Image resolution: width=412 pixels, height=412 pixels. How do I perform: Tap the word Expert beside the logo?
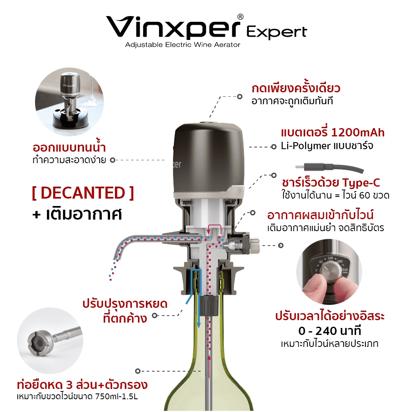(277, 33)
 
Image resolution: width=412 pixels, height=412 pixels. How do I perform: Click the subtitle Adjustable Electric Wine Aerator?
(183, 44)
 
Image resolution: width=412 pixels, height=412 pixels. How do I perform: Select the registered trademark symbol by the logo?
(240, 17)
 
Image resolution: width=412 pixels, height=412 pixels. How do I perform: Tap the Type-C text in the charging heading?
(361, 183)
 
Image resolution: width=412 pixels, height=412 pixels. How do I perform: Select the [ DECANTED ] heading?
(83, 193)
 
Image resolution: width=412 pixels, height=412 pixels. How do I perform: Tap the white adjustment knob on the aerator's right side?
(255, 245)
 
